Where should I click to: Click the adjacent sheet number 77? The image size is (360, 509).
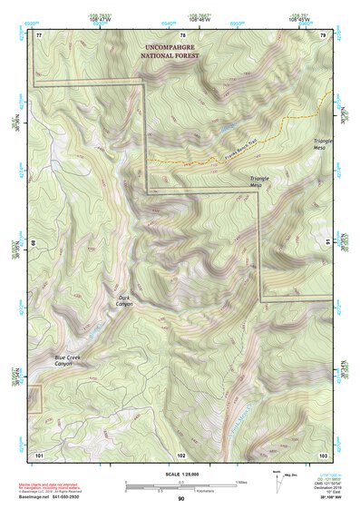click(x=39, y=34)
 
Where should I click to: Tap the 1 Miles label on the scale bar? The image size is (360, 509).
click(x=244, y=481)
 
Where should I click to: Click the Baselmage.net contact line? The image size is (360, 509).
click(x=63, y=496)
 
